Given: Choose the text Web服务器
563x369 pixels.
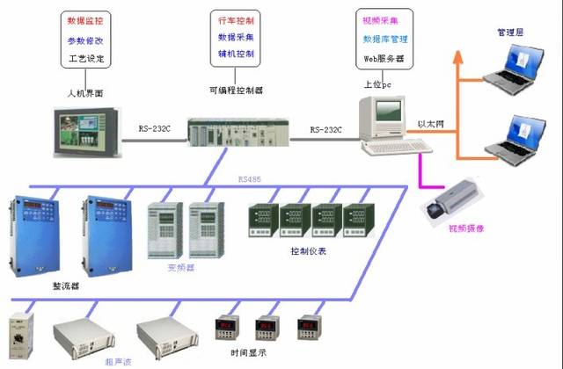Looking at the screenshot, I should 384,58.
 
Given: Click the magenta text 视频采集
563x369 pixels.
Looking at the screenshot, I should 384,19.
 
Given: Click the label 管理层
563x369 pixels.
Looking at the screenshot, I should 510,32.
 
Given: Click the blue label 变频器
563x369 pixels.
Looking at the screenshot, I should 179,267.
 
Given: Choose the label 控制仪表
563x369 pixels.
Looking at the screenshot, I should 308,250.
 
